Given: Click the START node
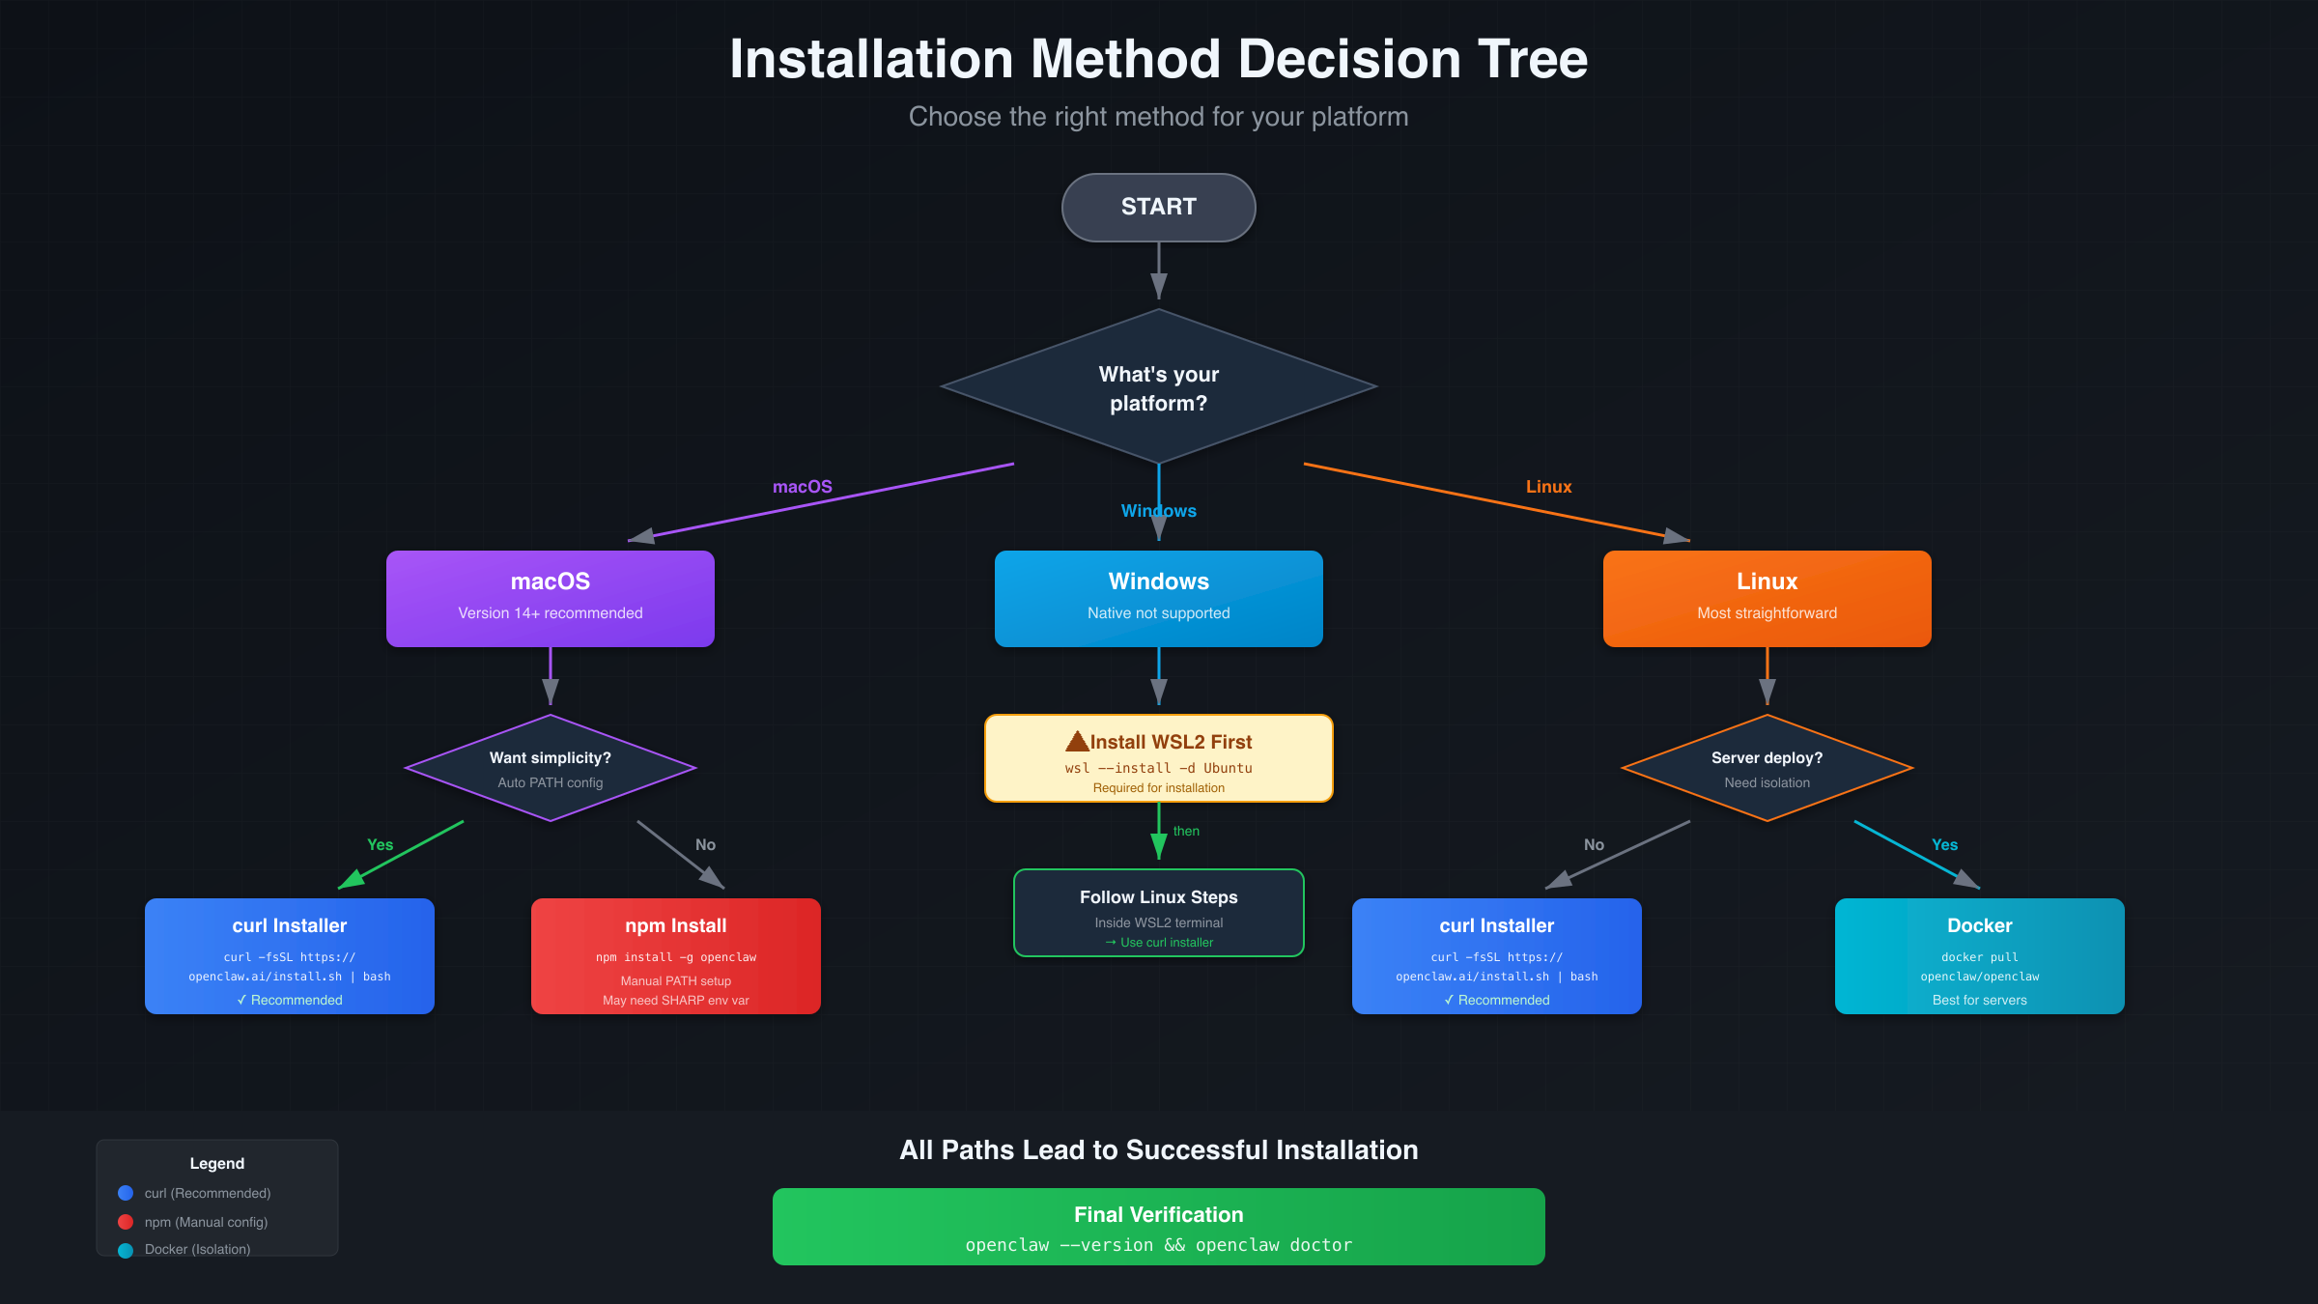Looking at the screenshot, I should pos(1158,207).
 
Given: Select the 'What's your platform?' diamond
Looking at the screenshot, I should pos(1158,387).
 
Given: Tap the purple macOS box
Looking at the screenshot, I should pos(550,598).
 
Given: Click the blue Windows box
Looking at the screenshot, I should pos(1158,598).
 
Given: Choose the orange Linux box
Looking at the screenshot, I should pos(1767,598).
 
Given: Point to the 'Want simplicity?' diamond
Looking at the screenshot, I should pos(550,769).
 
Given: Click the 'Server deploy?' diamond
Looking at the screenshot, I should pos(1767,769).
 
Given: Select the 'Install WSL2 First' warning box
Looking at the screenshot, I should pos(1158,758).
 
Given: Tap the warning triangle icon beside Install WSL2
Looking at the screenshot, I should pos(1077,742).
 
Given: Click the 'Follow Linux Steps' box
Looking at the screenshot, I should pos(1158,913).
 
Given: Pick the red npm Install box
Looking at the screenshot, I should pos(675,955).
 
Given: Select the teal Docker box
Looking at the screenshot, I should pos(1979,955).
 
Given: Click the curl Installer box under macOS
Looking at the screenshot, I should pos(289,955).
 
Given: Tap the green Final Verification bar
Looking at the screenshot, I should pos(1158,1227).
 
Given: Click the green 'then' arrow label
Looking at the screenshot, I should pos(1186,831).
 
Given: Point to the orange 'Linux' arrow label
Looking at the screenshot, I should pos(1548,487).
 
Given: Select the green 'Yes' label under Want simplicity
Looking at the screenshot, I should pos(380,844).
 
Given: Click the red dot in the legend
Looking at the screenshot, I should pos(126,1222).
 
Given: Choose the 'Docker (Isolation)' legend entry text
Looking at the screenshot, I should pos(197,1249).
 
